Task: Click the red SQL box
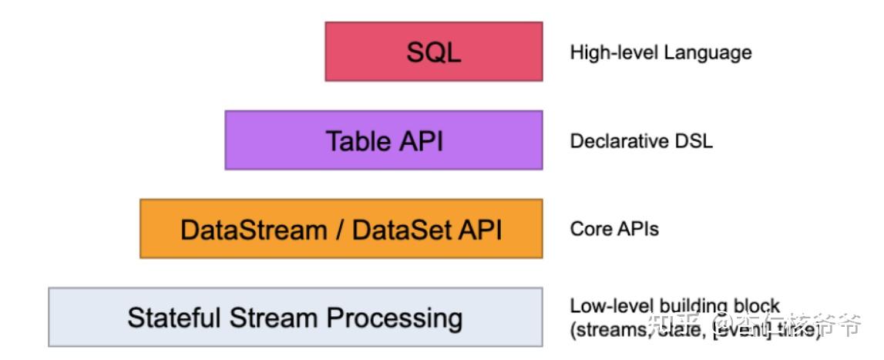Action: (433, 52)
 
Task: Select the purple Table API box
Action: (383, 140)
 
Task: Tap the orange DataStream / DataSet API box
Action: (341, 229)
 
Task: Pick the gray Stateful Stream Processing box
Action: (295, 318)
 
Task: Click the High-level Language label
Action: (660, 52)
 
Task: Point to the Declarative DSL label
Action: (641, 141)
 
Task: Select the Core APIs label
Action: (614, 229)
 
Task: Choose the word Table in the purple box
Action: (354, 141)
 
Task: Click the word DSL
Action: (695, 141)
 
